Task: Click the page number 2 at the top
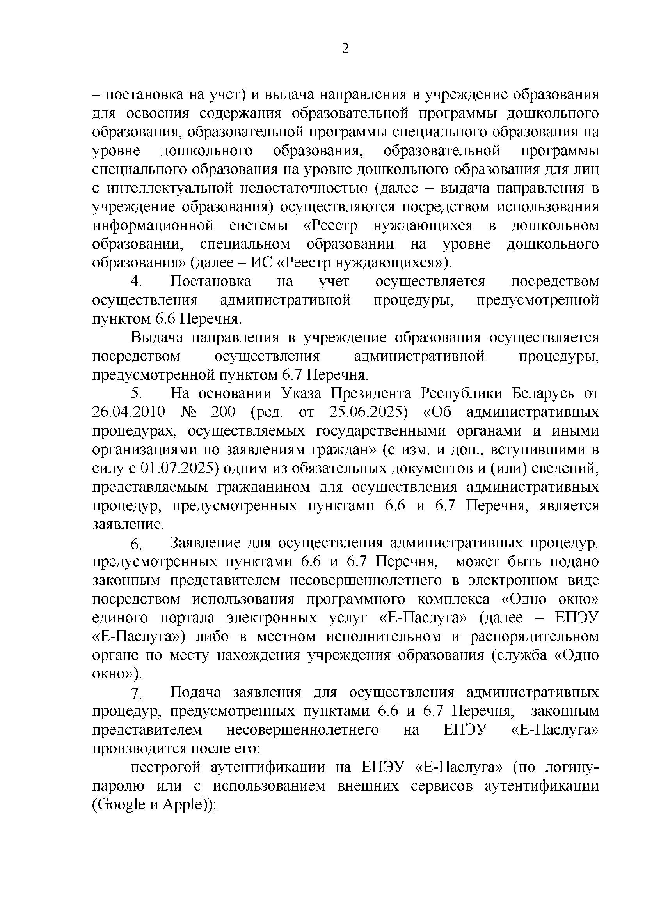click(x=345, y=49)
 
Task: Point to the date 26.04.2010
click(x=129, y=412)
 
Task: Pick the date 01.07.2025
click(x=179, y=468)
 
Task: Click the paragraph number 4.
click(x=136, y=281)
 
